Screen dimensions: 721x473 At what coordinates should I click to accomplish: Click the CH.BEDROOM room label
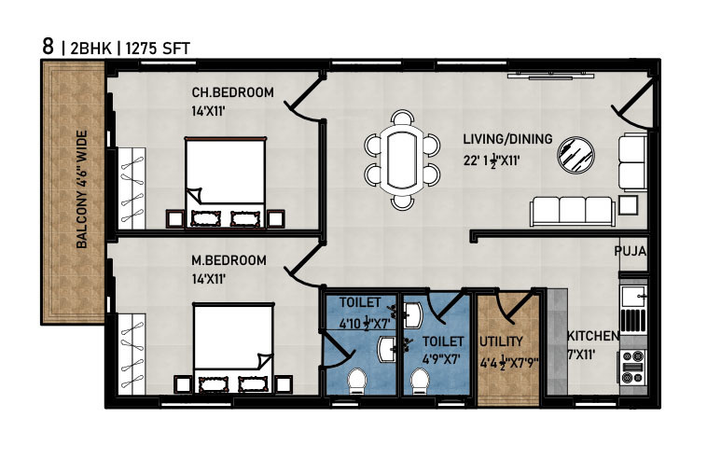tap(232, 92)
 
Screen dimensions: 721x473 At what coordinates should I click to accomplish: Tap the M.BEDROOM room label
tap(229, 260)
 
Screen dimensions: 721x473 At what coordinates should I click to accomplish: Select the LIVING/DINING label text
tap(507, 139)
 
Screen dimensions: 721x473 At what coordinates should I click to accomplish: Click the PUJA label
tap(631, 251)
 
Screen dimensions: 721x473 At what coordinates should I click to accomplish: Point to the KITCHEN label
tap(593, 336)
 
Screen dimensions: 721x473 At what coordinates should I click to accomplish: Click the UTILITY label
tap(501, 341)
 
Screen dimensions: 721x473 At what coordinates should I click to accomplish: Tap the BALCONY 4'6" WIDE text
tap(82, 189)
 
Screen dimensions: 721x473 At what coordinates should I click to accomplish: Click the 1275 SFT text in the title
tap(158, 49)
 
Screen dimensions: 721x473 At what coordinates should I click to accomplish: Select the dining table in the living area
tap(402, 160)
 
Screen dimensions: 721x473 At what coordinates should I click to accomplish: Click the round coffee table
tap(575, 155)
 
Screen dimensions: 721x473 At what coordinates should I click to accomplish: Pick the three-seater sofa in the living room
tap(573, 211)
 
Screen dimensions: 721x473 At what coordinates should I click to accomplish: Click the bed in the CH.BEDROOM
tap(226, 182)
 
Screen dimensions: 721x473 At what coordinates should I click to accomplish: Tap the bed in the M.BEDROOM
tap(233, 347)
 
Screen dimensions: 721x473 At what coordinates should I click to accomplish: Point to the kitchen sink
tap(633, 296)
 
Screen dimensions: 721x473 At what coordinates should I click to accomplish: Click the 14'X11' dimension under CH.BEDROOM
tap(208, 111)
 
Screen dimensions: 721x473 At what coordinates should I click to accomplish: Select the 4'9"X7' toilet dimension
tap(441, 359)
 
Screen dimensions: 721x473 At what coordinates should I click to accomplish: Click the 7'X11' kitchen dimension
tap(582, 355)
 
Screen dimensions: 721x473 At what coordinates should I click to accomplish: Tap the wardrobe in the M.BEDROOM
tap(132, 354)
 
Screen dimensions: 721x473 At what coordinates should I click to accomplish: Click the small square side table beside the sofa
tap(628, 205)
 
